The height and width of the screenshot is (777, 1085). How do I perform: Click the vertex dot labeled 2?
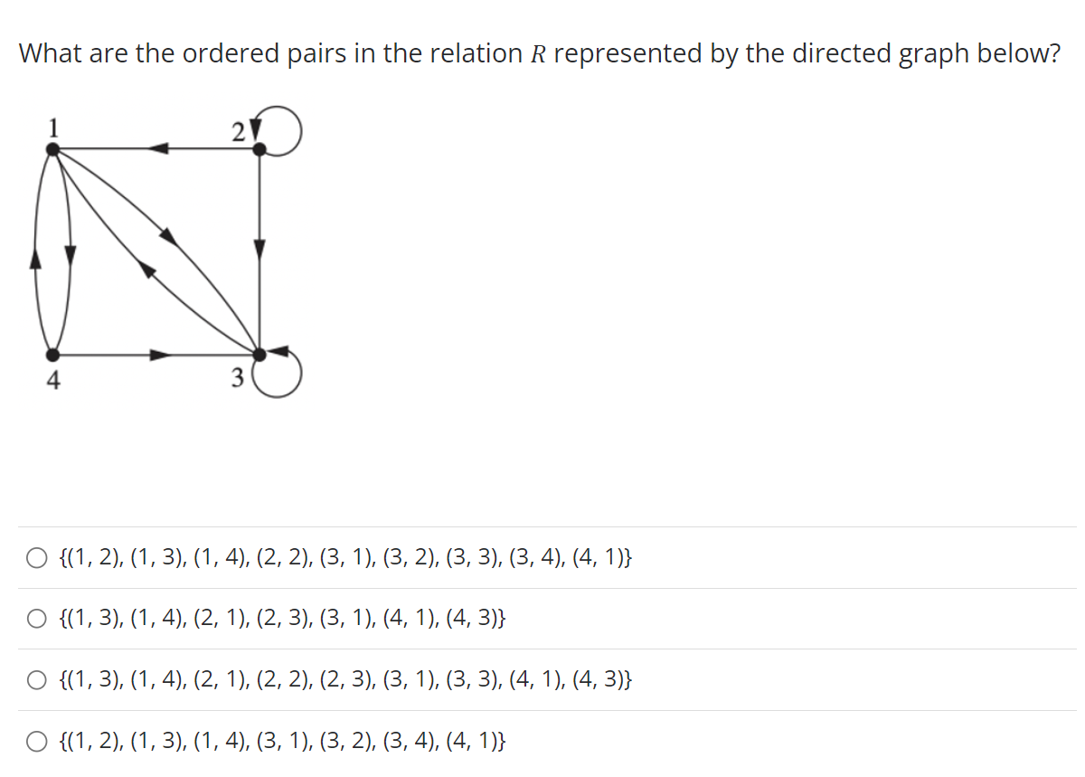[x=259, y=151]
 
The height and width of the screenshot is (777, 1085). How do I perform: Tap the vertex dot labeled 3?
[x=259, y=354]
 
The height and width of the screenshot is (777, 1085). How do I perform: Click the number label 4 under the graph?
[x=53, y=381]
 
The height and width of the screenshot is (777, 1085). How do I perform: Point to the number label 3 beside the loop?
[x=238, y=379]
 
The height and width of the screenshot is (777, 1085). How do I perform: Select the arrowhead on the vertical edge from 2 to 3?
[x=259, y=248]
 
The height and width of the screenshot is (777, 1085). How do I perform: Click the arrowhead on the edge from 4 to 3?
[x=160, y=355]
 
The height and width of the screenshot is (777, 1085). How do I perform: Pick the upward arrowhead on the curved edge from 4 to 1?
[x=36, y=259]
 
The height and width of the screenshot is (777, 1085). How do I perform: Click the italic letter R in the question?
[x=537, y=54]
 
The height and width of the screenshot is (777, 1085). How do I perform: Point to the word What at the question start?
[x=52, y=54]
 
